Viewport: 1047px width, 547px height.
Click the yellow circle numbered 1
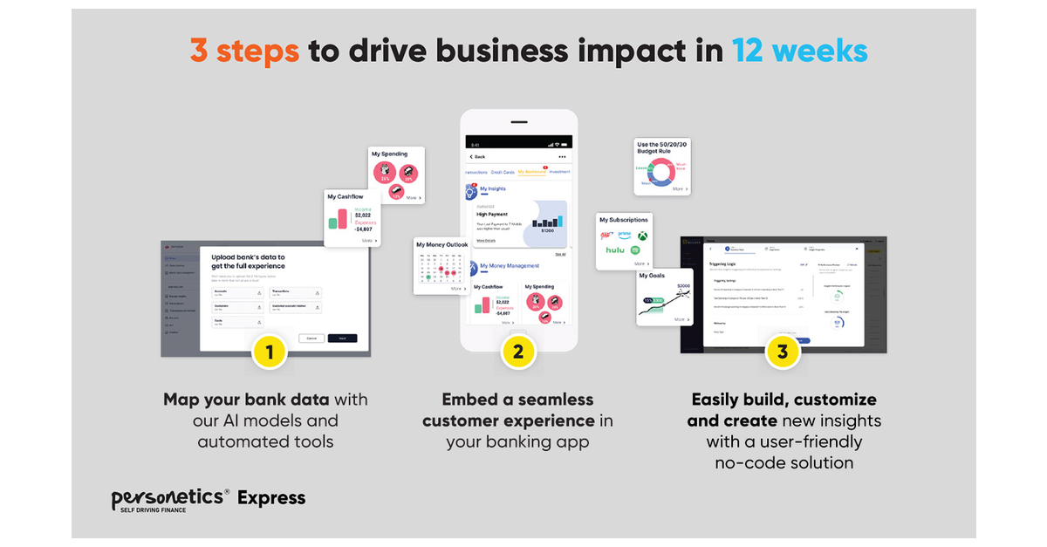(270, 352)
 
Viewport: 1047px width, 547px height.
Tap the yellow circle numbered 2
(518, 352)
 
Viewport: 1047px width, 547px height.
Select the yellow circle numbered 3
(783, 352)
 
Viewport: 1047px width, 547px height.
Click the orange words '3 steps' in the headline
(244, 51)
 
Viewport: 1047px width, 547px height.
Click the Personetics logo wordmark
(170, 498)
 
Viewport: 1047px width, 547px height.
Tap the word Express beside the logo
(271, 498)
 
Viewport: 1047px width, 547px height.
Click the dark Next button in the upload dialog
(342, 338)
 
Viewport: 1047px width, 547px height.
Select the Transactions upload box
(295, 293)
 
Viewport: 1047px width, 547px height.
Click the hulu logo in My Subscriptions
(616, 250)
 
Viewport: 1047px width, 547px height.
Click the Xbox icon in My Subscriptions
(642, 236)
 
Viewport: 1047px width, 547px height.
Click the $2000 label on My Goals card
(682, 286)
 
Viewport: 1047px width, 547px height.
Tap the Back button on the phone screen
(477, 156)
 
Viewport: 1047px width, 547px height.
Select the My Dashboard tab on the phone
(531, 172)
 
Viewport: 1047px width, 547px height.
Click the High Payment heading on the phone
(492, 214)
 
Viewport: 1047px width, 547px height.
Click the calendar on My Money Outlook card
(441, 267)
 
